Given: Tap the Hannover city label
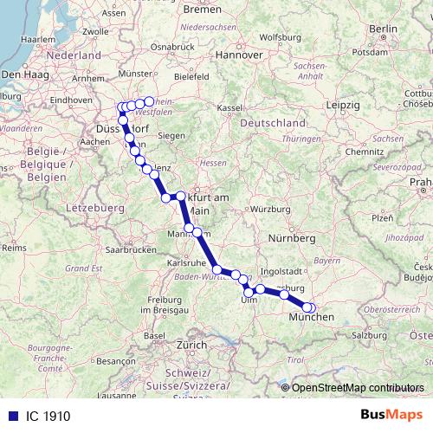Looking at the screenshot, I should coord(239,54).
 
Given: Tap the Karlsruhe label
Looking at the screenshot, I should coord(185,262).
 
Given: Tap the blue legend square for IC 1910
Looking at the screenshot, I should coord(10,417).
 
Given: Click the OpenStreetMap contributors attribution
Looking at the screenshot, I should coord(358,388).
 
